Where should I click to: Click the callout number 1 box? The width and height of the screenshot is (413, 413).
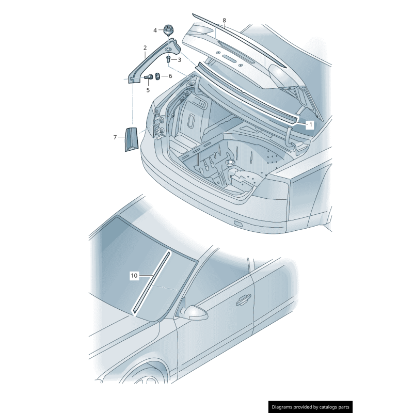tap(310, 124)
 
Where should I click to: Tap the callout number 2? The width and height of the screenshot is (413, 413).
tap(145, 48)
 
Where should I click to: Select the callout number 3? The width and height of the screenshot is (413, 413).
tap(179, 60)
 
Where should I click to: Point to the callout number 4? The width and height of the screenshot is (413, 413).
tap(155, 30)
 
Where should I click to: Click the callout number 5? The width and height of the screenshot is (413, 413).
tap(148, 90)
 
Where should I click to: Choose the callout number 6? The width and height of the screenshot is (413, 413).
tap(170, 76)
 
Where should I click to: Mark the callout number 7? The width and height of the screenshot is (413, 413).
tap(115, 137)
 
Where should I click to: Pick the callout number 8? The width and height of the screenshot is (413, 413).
tap(224, 21)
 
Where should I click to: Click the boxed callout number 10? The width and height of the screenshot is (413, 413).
tap(134, 276)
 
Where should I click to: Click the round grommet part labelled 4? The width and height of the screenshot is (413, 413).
tap(168, 28)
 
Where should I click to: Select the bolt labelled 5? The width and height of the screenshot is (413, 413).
tap(148, 77)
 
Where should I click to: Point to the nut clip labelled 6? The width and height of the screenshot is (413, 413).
tap(160, 77)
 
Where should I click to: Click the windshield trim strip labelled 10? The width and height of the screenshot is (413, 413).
tap(152, 281)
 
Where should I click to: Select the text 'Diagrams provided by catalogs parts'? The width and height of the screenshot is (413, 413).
tap(310, 407)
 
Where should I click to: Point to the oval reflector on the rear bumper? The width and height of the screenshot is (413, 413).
tap(238, 224)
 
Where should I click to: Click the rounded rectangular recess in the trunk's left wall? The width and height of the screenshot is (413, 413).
tap(190, 124)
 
